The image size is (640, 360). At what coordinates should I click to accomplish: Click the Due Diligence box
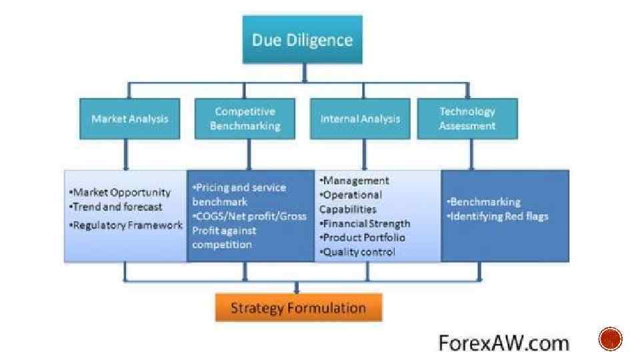(x=302, y=40)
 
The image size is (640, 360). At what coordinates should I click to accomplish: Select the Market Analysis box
(x=129, y=119)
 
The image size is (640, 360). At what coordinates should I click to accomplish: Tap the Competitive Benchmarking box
(x=245, y=119)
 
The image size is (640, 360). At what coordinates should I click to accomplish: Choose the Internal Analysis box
(x=360, y=119)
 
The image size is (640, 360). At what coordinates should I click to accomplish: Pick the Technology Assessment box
(x=467, y=119)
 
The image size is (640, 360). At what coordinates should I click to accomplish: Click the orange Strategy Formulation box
(x=298, y=307)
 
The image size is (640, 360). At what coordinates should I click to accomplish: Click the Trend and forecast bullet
(x=117, y=207)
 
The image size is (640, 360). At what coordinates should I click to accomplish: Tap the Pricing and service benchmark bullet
(x=239, y=194)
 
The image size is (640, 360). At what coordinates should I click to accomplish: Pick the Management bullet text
(x=355, y=180)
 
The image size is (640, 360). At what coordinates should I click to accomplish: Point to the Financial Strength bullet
(x=366, y=223)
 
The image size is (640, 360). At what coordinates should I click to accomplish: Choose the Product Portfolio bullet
(x=363, y=237)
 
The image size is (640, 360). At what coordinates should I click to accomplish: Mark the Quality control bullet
(x=359, y=252)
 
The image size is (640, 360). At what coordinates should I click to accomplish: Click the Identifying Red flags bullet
(x=499, y=216)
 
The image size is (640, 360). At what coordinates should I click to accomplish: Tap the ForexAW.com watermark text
(x=503, y=343)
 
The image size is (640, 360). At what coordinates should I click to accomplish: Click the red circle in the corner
(x=610, y=340)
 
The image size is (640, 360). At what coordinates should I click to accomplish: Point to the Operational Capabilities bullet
(x=351, y=202)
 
